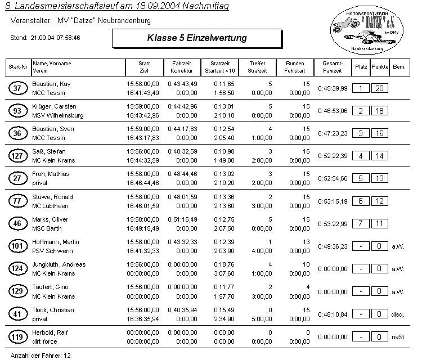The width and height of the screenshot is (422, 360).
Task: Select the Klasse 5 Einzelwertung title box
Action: tap(196, 38)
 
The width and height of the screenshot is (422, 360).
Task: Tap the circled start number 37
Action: tap(17, 88)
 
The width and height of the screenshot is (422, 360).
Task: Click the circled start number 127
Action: tap(17, 156)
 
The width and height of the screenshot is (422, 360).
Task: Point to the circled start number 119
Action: tap(17, 337)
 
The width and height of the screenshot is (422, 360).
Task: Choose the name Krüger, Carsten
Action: tap(54, 106)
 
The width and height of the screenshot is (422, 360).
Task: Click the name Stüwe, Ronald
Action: tap(53, 197)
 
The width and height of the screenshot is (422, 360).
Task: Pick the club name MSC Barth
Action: tap(47, 228)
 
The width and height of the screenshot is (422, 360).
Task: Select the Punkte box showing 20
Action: tap(379, 88)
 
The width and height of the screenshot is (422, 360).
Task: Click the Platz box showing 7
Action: tap(361, 224)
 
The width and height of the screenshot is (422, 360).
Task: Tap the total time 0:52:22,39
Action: tap(333, 156)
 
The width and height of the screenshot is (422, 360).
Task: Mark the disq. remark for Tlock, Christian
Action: tap(398, 314)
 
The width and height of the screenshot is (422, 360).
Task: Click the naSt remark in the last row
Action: tap(398, 337)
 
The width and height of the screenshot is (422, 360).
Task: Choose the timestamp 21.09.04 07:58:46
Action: tap(55, 38)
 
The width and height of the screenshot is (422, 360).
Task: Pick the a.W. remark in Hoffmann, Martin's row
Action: tap(398, 246)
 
